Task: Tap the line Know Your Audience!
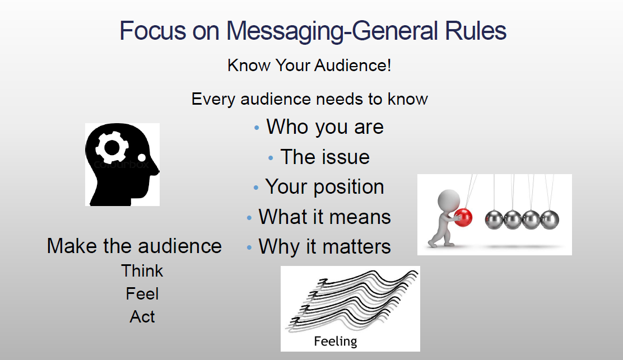pos(309,66)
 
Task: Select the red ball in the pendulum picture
pos(463,217)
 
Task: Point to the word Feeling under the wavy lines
pos(336,342)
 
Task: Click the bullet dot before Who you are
pos(256,128)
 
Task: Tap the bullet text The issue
pos(325,157)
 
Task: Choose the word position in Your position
pos(348,187)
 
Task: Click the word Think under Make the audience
pos(142,271)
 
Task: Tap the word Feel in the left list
pos(142,294)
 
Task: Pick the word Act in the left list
pos(142,317)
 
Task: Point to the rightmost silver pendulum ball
pos(550,219)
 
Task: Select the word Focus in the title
pos(152,31)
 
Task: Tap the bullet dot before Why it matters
pos(249,247)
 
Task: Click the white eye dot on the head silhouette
pos(141,157)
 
